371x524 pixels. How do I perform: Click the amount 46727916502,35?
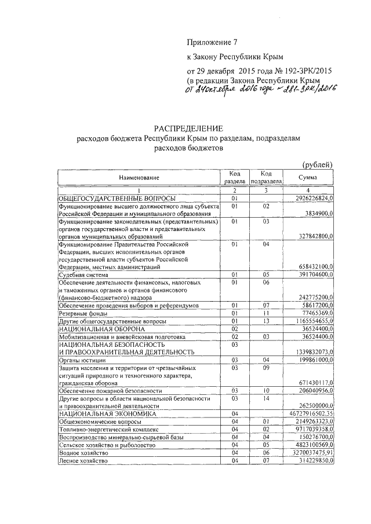click(311, 415)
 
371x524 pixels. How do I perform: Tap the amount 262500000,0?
click(314, 406)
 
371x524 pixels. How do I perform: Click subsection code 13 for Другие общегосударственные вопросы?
click(266, 320)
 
